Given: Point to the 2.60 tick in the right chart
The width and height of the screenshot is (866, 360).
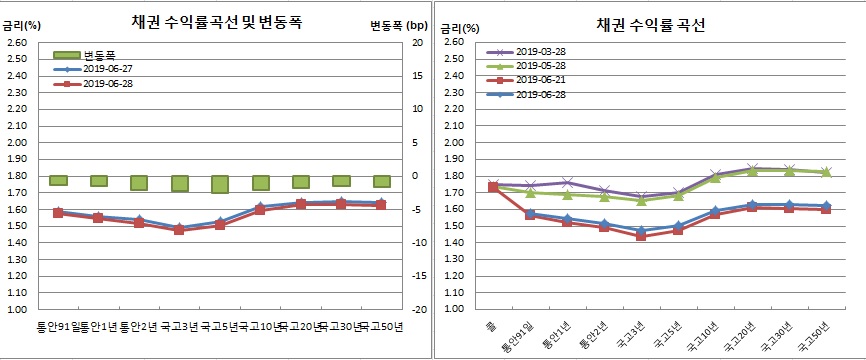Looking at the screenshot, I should click(450, 42).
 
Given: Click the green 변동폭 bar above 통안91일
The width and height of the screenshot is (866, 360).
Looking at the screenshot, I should click(58, 180).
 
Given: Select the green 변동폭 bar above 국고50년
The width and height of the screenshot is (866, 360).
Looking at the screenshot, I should click(382, 181).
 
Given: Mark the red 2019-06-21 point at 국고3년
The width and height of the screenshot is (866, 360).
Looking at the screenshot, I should click(641, 237).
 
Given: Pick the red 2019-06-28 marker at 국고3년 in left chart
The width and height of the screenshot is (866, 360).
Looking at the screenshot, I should click(179, 230).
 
